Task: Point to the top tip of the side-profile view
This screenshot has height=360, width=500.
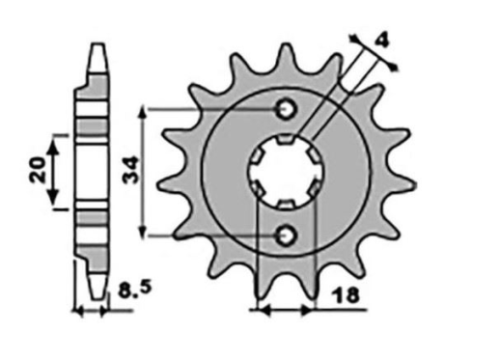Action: click(x=96, y=44)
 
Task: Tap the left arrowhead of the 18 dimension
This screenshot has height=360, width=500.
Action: click(x=257, y=310)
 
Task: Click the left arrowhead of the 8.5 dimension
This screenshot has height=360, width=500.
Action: click(x=81, y=311)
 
